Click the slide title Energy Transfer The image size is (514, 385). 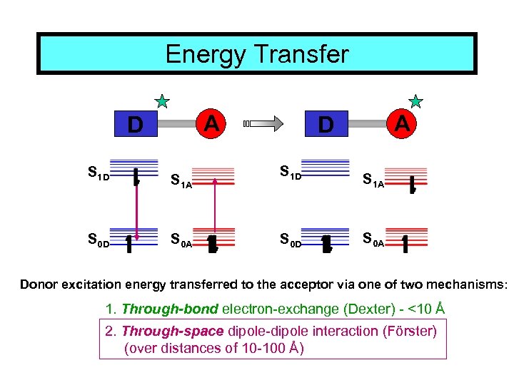click(x=257, y=54)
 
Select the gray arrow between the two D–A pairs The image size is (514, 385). click(x=264, y=124)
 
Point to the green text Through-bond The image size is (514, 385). click(x=161, y=309)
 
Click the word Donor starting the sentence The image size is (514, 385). click(x=39, y=285)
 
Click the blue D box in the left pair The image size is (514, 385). click(x=134, y=125)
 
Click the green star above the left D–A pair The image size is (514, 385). click(x=163, y=101)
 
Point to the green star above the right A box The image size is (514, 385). click(x=415, y=101)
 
